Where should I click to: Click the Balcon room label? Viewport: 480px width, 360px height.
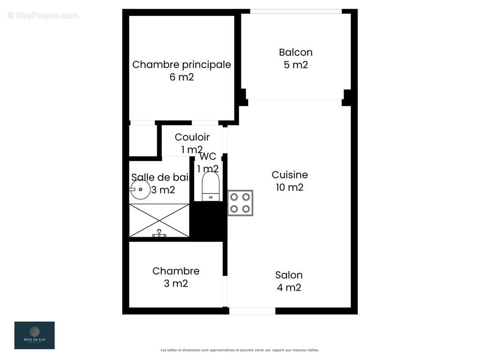pos(295,52)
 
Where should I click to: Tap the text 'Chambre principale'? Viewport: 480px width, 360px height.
pos(181,64)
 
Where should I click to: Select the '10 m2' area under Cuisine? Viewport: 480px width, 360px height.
pos(290,187)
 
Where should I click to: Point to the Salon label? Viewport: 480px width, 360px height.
pos(289,275)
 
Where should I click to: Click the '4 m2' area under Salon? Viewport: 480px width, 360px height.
pos(289,288)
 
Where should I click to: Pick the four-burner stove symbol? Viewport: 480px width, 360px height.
pos(240,203)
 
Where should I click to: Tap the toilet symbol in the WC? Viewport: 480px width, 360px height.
pos(210,186)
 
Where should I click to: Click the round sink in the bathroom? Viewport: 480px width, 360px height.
pos(140,189)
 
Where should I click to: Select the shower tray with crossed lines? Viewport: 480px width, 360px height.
pos(159,220)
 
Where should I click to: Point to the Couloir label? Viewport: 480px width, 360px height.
pos(192,137)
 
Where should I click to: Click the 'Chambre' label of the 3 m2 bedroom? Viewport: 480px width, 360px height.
pos(176,271)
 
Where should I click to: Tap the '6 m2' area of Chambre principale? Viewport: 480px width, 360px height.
pos(181,77)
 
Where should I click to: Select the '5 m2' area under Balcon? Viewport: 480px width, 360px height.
pos(295,65)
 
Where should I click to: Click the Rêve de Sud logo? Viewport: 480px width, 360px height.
pos(35,335)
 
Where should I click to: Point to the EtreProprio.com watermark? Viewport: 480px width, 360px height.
pos(43,15)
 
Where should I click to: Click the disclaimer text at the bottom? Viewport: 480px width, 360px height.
pos(240,350)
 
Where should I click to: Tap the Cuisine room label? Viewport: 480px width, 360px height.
pos(290,175)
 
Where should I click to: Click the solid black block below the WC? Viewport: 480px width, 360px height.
pos(208,220)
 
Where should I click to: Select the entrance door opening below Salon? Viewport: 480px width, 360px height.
pos(252,311)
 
